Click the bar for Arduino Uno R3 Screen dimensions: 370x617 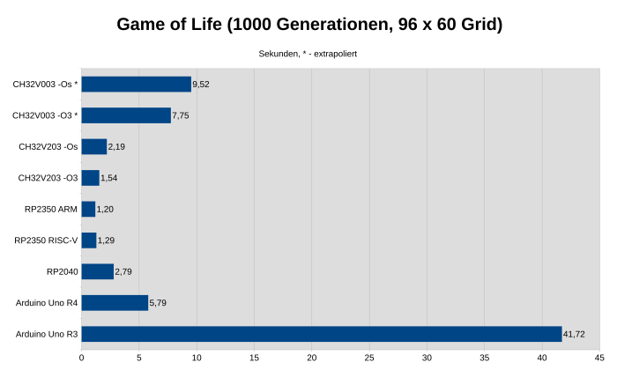(322, 334)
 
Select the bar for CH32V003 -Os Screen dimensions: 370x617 (137, 85)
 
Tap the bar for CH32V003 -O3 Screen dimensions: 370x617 (126, 115)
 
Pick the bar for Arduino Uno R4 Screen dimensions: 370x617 (115, 303)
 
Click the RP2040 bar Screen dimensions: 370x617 (98, 271)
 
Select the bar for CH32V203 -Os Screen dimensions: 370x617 (94, 146)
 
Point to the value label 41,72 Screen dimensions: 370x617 (574, 334)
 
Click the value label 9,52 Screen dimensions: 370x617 (201, 85)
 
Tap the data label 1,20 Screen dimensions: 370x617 (105, 210)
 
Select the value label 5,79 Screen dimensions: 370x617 (158, 303)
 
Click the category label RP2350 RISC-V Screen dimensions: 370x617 (46, 240)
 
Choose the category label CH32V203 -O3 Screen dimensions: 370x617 (48, 178)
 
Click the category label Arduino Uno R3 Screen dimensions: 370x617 (47, 334)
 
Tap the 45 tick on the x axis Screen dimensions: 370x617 (599, 357)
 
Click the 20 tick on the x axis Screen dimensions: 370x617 (312, 357)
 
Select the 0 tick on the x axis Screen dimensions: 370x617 (82, 357)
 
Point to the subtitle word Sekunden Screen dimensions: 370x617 (278, 54)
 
